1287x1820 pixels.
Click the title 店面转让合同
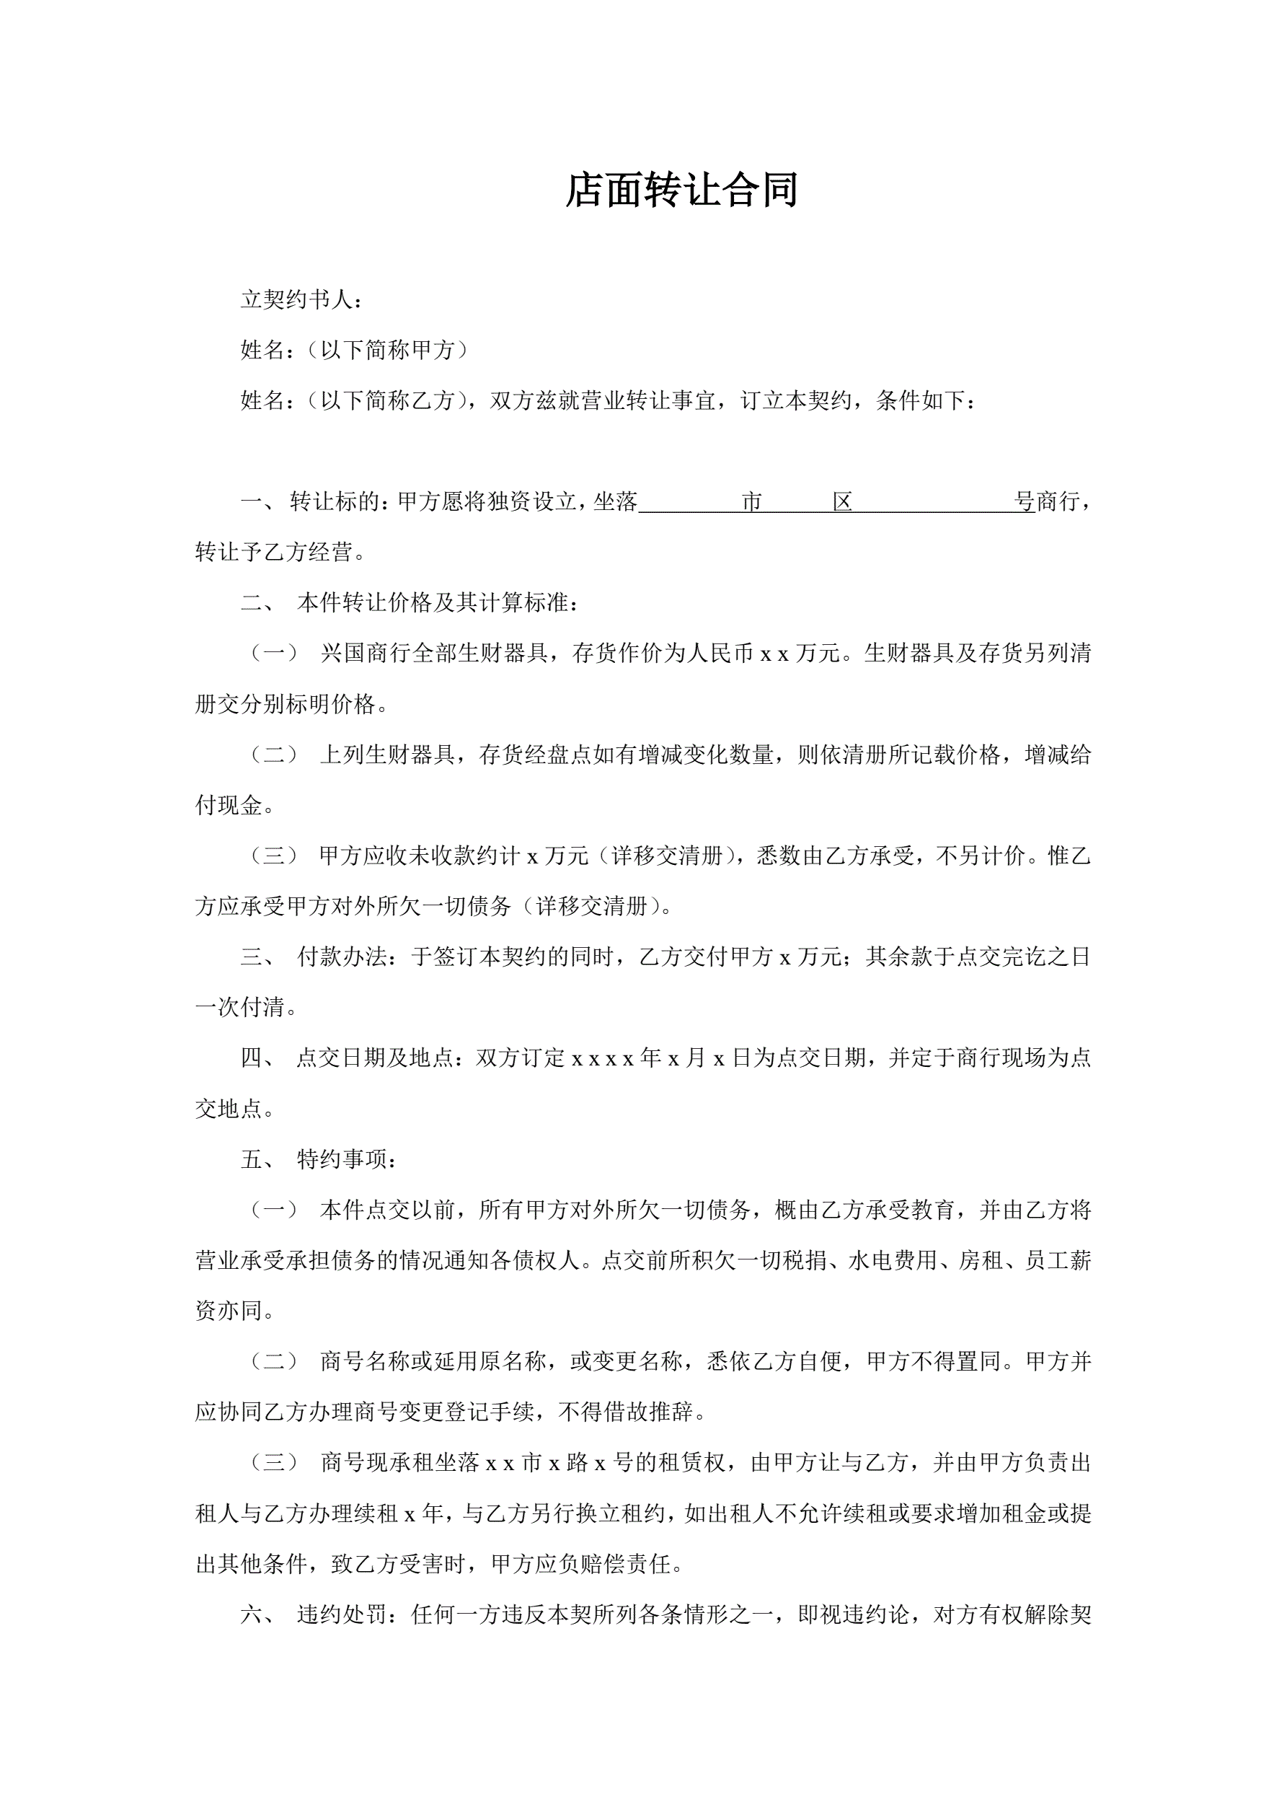coord(681,191)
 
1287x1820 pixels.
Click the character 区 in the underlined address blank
coord(842,502)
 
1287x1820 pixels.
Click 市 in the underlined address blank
coord(751,502)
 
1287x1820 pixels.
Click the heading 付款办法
coord(342,957)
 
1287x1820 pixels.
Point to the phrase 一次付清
coord(239,1008)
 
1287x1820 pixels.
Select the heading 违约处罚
coord(342,1614)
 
